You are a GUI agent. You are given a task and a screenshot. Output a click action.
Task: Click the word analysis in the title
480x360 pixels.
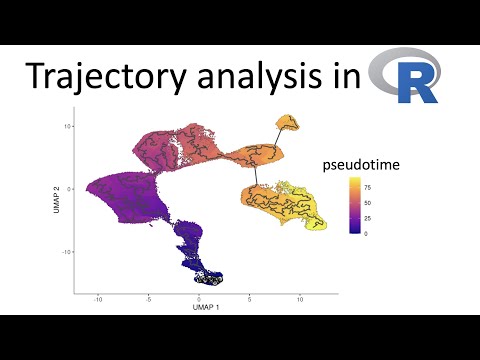coord(258,78)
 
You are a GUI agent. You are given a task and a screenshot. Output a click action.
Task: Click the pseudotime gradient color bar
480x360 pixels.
coord(356,206)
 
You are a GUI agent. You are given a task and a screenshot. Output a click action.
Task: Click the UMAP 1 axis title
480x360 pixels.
coord(199,307)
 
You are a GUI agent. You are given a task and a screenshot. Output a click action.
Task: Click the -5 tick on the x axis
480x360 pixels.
coord(148,298)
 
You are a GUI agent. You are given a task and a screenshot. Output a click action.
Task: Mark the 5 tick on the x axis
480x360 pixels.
coord(250,298)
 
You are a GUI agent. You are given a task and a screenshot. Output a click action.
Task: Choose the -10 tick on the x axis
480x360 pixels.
coord(98,298)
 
